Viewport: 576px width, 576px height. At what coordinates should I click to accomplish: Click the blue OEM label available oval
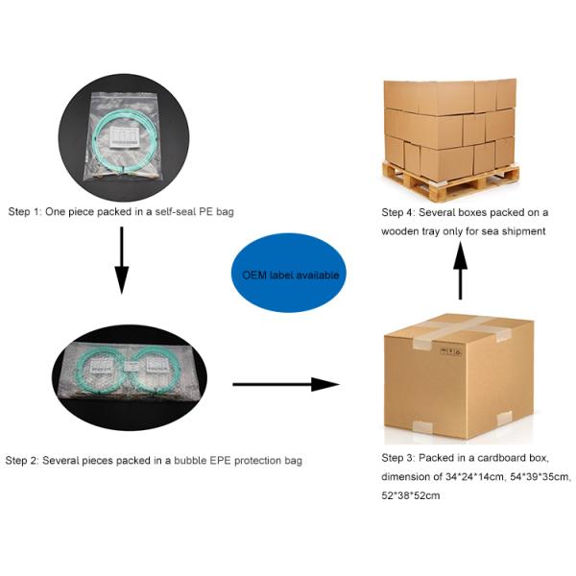(x=289, y=273)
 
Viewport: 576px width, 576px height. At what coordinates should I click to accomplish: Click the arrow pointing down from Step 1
(x=122, y=260)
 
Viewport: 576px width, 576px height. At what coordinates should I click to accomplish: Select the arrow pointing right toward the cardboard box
(x=286, y=384)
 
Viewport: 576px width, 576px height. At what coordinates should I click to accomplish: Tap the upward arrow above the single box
(x=460, y=270)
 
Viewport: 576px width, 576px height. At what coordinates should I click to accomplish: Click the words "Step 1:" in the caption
(x=25, y=211)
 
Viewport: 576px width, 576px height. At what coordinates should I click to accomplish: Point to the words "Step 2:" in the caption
(x=22, y=460)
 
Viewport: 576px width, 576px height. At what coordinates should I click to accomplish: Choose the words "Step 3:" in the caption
(x=398, y=458)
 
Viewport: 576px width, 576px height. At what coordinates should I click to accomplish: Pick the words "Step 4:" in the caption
(x=398, y=212)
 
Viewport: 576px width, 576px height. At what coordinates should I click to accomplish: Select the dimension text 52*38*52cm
(x=410, y=495)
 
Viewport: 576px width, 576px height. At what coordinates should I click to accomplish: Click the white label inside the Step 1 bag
(x=125, y=137)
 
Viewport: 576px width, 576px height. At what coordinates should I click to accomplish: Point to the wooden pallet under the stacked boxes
(x=451, y=181)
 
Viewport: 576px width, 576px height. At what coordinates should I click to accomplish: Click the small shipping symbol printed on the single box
(x=451, y=352)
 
